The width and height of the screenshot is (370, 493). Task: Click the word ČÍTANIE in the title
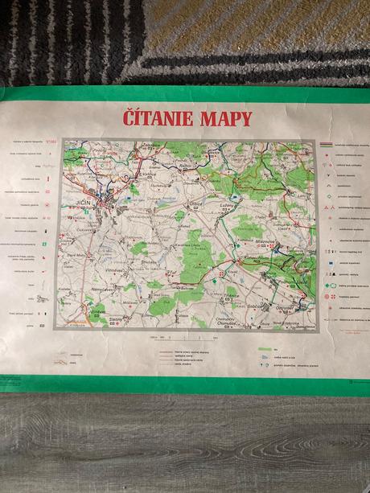(x=157, y=119)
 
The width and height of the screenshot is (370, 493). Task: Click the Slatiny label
(x=115, y=318)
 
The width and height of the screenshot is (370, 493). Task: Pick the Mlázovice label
(x=267, y=240)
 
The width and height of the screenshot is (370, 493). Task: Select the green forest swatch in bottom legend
(x=264, y=349)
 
